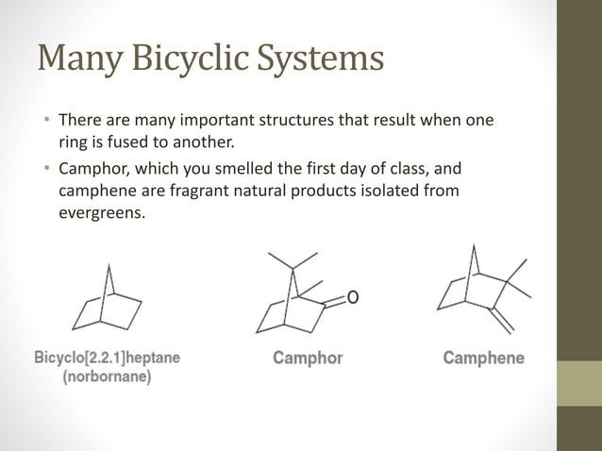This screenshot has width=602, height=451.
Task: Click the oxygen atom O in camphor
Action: coord(353,298)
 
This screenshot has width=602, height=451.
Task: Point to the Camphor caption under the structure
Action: coord(308,359)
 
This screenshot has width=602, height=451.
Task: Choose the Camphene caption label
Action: coord(484,359)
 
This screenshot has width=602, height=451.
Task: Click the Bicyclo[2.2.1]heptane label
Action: coord(108,359)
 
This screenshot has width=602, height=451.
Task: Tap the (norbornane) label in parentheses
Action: coord(108,376)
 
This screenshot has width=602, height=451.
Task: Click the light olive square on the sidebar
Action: coord(578,384)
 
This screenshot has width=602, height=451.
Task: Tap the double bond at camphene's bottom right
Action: coord(501,321)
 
